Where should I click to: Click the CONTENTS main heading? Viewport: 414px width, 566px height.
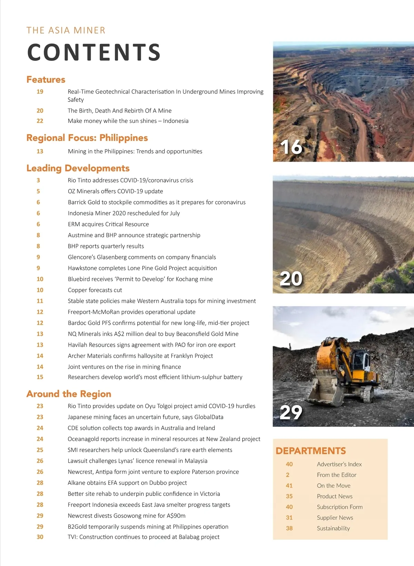pos(94,52)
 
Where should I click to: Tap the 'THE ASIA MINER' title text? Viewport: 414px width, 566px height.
pos(66,30)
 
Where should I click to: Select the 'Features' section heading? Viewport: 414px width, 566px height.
pos(46,80)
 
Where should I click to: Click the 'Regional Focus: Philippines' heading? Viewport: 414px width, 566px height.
pos(87,138)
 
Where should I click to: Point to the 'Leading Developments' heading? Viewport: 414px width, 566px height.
pos(78,168)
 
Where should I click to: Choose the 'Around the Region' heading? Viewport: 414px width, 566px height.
pos(69,394)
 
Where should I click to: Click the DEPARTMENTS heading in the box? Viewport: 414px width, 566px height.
pos(310,451)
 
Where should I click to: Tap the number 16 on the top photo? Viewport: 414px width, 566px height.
pos(291,147)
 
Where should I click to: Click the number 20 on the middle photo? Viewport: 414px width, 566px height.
pos(291,279)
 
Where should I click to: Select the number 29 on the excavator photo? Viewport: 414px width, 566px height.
pos(291,412)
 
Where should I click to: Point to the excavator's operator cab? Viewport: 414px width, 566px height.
pos(359,361)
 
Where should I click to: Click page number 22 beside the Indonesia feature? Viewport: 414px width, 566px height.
pos(40,121)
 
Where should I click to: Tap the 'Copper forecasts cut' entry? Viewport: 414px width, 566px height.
pos(95,290)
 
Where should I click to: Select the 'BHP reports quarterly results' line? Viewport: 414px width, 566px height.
pos(106,246)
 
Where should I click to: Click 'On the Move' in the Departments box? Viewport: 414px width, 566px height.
pos(334,486)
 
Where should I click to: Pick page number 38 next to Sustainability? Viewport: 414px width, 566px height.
pos(289,528)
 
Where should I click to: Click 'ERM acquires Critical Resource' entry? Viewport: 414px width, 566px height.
pos(108,224)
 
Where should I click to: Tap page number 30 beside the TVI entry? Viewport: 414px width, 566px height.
pos(40,537)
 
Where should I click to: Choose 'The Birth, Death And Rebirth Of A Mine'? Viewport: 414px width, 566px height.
pos(120,111)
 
